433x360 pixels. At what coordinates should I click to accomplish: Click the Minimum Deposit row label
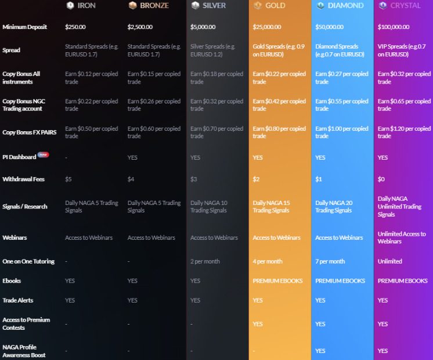[x=24, y=27]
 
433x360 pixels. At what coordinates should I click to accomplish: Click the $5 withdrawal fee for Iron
[x=68, y=179]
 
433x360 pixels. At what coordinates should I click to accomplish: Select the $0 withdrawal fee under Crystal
[x=381, y=179]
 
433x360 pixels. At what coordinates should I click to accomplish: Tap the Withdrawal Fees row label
[x=23, y=179]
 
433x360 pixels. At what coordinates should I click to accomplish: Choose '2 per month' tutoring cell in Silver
[x=205, y=261]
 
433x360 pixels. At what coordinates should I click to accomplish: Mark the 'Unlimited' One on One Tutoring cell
[x=389, y=261]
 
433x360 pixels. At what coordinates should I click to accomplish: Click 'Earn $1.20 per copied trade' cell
[x=404, y=132]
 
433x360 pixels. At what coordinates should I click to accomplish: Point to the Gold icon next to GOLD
[x=258, y=6]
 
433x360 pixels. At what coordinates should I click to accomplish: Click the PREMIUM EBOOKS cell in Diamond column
[x=340, y=281]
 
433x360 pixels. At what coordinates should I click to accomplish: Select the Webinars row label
[x=15, y=237]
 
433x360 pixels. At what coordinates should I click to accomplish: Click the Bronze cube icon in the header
[x=132, y=6]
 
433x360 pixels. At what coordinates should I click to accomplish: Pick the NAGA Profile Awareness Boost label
[x=24, y=351]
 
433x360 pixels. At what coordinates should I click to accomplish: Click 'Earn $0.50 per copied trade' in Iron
[x=91, y=132]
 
